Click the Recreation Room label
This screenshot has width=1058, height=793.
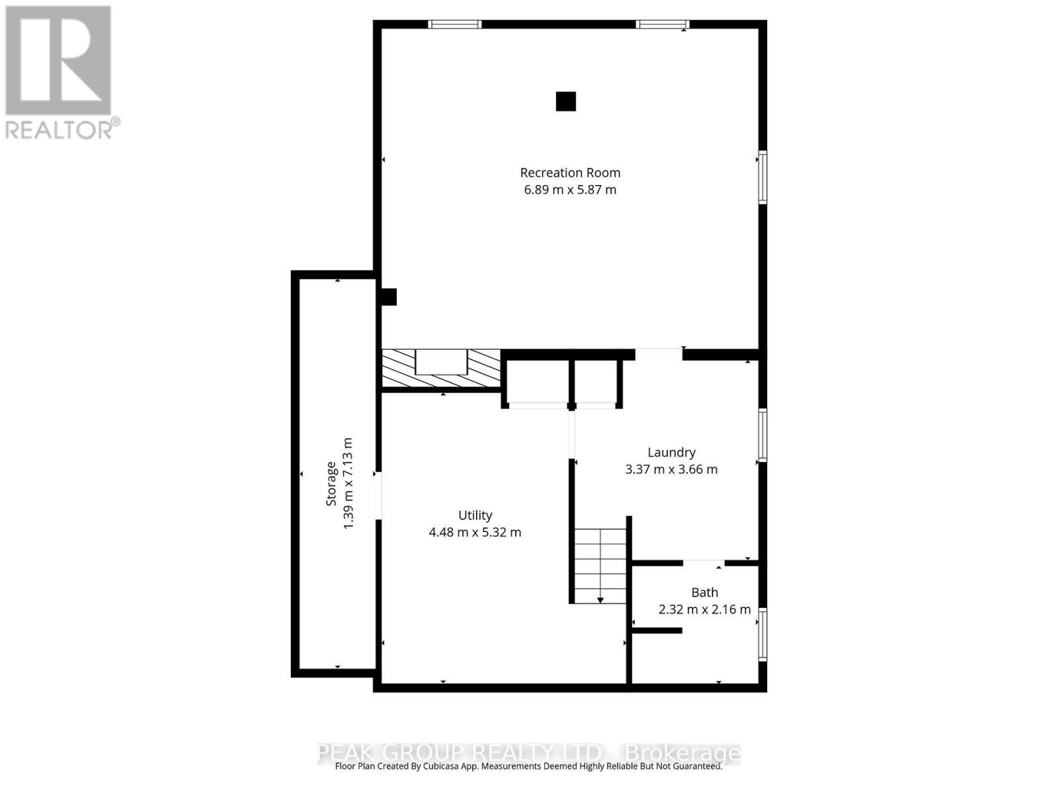570,172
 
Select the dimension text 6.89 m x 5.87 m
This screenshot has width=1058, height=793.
570,190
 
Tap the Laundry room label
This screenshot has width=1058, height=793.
671,452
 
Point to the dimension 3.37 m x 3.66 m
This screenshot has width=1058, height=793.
671,469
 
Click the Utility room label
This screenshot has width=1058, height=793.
475,515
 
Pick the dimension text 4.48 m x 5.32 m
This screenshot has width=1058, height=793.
475,532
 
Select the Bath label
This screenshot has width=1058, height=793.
704,592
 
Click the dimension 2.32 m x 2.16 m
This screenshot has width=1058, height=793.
704,609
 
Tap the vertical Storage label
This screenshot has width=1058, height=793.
331,483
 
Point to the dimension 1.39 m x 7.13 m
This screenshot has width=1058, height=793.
348,482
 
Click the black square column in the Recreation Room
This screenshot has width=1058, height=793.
565,101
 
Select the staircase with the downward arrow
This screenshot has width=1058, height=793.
600,566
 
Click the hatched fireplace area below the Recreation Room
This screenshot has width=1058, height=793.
441,368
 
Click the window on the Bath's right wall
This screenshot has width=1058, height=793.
762,634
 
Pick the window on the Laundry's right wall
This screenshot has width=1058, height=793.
762,434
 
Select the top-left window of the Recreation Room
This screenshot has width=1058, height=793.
454,24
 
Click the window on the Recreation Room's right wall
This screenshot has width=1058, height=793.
762,177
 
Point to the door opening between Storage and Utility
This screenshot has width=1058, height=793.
378,496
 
